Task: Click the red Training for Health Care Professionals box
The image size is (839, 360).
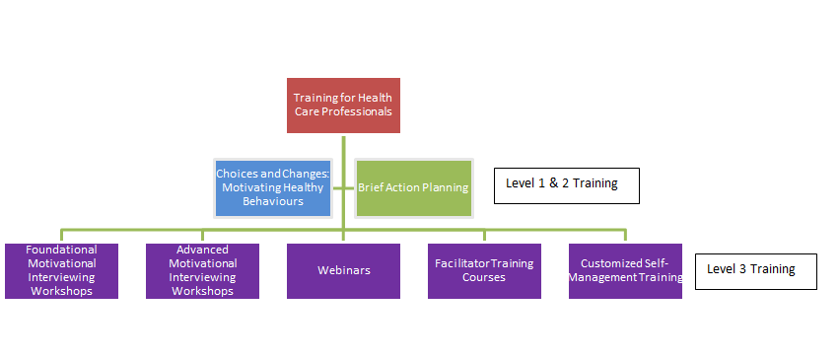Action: point(343,105)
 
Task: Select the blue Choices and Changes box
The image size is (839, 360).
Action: point(273,187)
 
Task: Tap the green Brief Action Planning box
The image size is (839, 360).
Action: point(413,187)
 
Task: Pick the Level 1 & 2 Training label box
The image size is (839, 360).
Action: point(566,184)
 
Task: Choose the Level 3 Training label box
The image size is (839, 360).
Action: point(755,269)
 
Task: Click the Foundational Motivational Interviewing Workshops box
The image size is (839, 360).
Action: point(61,270)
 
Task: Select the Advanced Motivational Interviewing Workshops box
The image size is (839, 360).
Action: point(202,270)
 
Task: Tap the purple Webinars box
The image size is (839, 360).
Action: point(343,270)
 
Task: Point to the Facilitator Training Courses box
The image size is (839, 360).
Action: point(484,270)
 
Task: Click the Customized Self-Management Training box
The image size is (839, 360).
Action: point(625,270)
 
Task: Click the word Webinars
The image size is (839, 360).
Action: point(343,270)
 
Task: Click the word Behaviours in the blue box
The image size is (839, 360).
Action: point(273,201)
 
